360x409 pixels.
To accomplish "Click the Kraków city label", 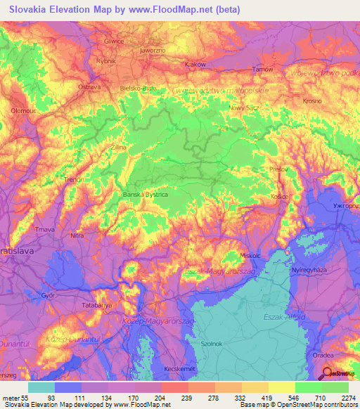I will click(194, 64).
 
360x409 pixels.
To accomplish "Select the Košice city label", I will click(279, 196).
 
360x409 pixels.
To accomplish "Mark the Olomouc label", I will click(23, 110).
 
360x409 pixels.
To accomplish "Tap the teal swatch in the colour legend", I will click(41, 387).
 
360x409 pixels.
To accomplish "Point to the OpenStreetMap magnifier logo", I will click(327, 373).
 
